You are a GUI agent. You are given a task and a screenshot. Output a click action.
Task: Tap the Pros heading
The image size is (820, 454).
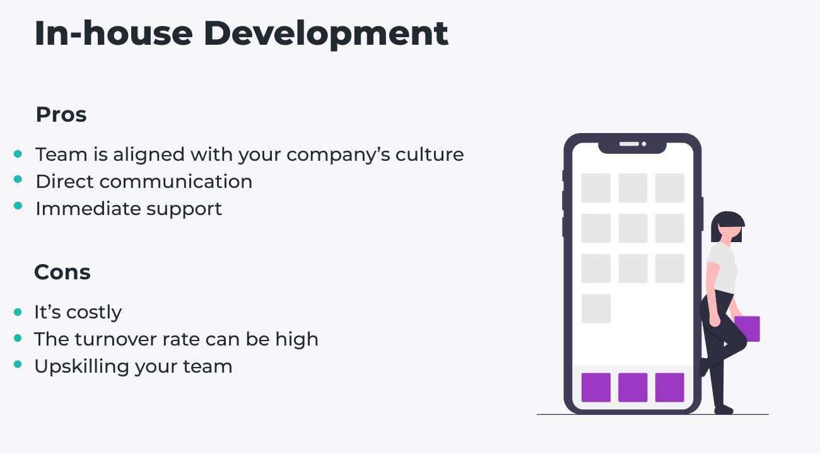pyautogui.click(x=61, y=115)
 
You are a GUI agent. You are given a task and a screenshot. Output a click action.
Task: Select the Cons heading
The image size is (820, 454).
pyautogui.click(x=62, y=272)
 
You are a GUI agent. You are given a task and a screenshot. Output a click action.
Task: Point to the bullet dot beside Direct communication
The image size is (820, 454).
pyautogui.click(x=18, y=180)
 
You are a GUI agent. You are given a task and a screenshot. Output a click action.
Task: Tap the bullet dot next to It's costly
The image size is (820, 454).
pyautogui.click(x=18, y=311)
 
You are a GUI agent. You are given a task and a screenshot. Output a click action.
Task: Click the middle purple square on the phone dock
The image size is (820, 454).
pyautogui.click(x=633, y=387)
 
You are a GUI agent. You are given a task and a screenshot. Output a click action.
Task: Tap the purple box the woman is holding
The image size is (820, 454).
pyautogui.click(x=747, y=329)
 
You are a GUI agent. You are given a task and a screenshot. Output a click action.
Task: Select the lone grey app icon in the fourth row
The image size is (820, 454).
pyautogui.click(x=596, y=309)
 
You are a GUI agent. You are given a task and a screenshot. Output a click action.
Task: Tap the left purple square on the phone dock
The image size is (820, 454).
pyautogui.click(x=596, y=387)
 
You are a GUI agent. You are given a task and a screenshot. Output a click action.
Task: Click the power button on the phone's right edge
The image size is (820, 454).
pyautogui.click(x=702, y=214)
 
